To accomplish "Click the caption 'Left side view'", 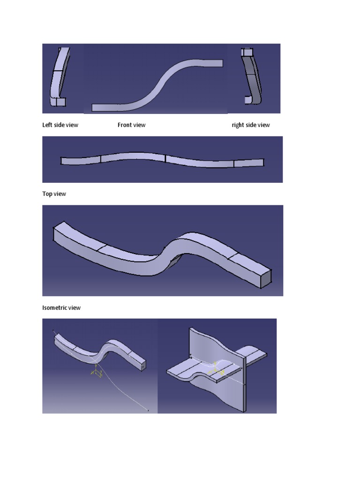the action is pyautogui.click(x=60, y=125).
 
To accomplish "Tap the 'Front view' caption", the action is pyautogui.click(x=131, y=125).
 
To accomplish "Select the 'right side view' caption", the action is pyautogui.click(x=251, y=125).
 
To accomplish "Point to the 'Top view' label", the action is pyautogui.click(x=54, y=194).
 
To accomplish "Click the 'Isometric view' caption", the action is pyautogui.click(x=61, y=308).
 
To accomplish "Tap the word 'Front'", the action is pyautogui.click(x=124, y=125).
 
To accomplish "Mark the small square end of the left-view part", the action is pyautogui.click(x=60, y=102).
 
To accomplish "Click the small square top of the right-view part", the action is pyautogui.click(x=247, y=52).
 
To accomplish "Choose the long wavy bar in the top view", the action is pyautogui.click(x=162, y=159).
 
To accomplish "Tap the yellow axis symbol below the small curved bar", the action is pyautogui.click(x=97, y=373).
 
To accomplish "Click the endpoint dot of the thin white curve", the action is pyautogui.click(x=148, y=411).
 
